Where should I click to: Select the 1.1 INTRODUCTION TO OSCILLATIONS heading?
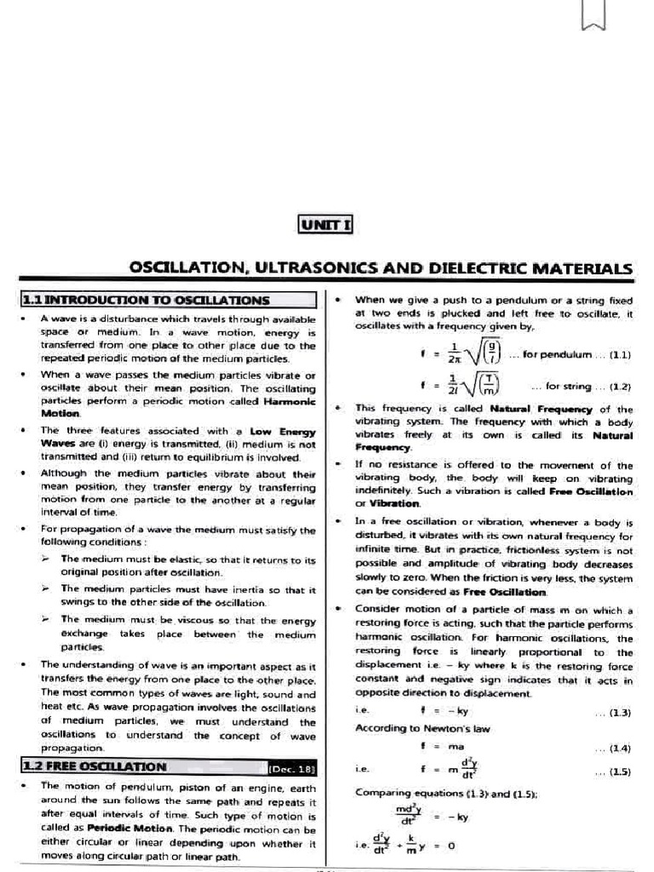click(145, 300)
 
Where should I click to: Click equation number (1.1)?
click(619, 353)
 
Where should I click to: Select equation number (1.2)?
click(619, 386)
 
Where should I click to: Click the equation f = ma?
click(435, 747)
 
